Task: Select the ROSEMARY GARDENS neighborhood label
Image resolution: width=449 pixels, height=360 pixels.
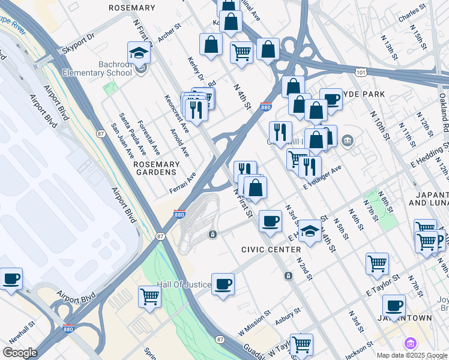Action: [x=157, y=169]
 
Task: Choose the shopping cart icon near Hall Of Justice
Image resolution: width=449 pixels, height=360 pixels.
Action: [x=149, y=296]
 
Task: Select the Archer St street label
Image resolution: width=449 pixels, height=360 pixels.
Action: [x=169, y=34]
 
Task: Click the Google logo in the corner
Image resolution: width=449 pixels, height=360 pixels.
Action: [x=20, y=353]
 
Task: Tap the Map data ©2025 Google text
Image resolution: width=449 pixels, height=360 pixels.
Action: [x=412, y=355]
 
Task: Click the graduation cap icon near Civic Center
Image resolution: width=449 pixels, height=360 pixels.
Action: [x=310, y=231]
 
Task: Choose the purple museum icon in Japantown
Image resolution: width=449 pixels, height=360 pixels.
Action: [x=411, y=343]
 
